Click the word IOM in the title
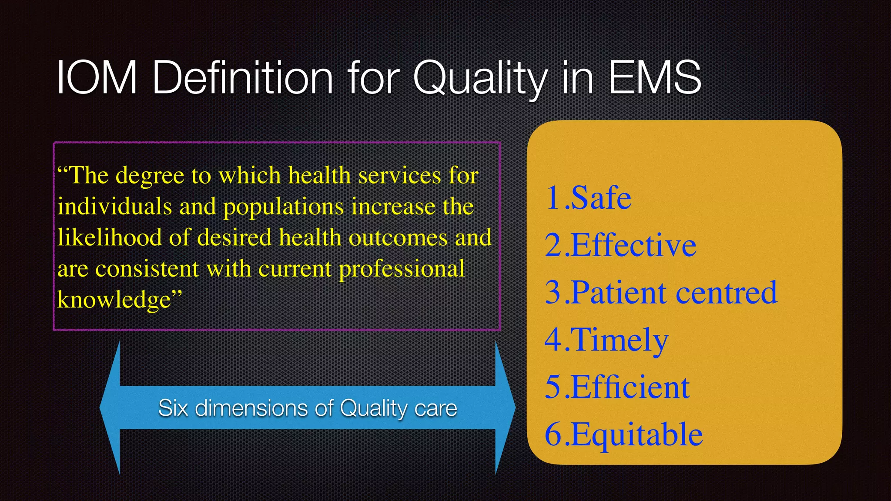97,78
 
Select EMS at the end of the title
655,78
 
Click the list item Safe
601,198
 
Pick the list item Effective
633,245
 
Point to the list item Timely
619,340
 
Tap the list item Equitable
636,434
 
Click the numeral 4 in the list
553,340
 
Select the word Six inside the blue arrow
173,408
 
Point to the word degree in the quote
150,176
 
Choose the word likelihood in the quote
109,238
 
